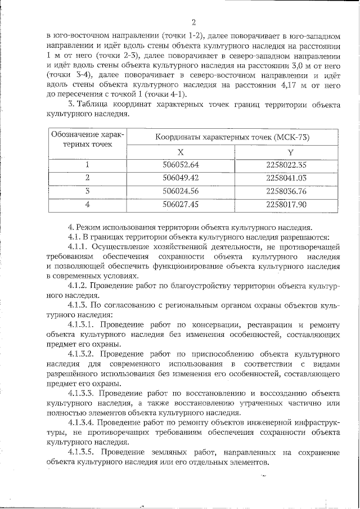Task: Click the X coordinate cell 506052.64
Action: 181,165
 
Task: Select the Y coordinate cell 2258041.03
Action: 286,178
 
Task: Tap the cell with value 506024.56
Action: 181,191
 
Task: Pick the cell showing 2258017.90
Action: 286,204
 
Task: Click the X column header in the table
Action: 181,152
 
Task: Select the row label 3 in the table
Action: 87,191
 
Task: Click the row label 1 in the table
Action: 87,165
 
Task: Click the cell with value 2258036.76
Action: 286,191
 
